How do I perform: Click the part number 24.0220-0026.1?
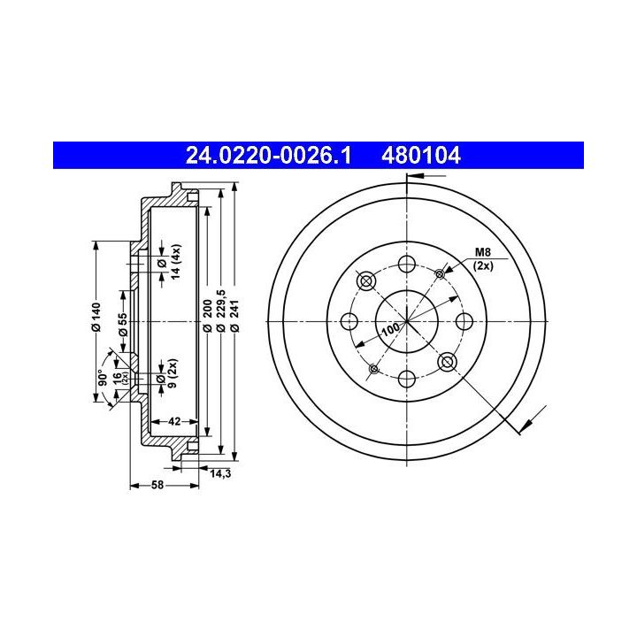(268, 156)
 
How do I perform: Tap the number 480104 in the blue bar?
(421, 156)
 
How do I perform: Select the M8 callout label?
(483, 252)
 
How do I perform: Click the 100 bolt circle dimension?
(391, 329)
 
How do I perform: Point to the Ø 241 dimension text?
(234, 316)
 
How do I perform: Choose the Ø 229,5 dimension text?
(220, 311)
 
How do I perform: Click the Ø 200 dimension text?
(207, 316)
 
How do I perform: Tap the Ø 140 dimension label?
(96, 317)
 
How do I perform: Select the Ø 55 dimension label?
(123, 324)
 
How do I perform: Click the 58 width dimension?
(157, 485)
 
